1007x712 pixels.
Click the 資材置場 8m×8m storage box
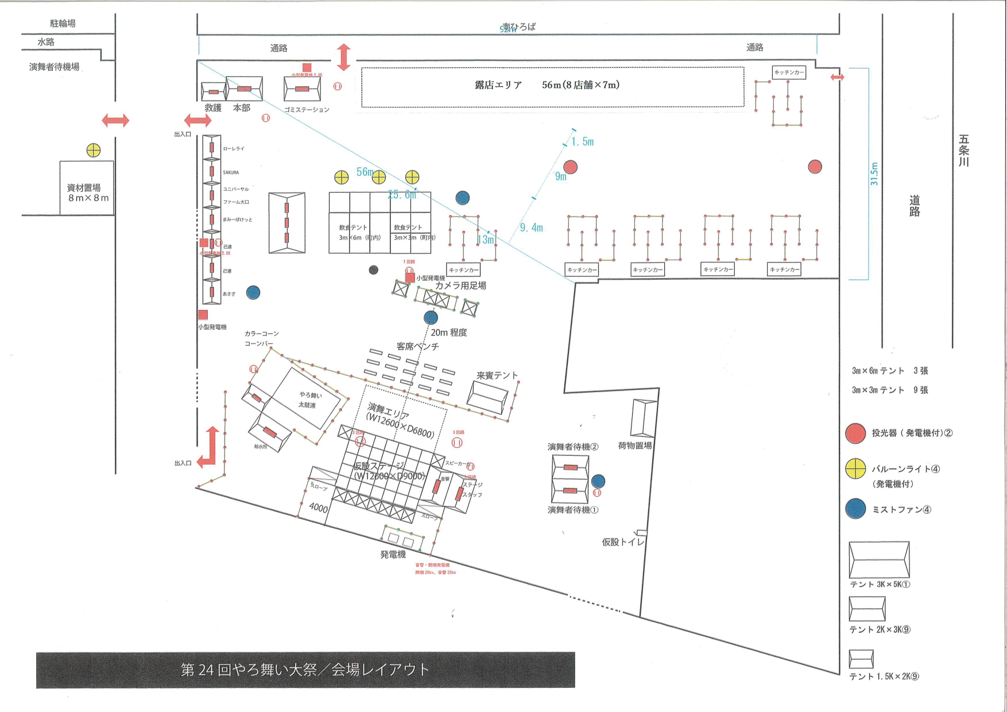click(87, 188)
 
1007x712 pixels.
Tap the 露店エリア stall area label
click(498, 85)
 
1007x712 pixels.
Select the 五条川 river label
click(964, 150)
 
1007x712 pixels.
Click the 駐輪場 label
click(63, 24)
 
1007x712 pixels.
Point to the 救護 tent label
click(213, 108)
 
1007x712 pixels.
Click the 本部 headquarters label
click(242, 108)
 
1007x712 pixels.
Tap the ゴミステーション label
click(307, 110)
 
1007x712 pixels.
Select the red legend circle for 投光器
click(855, 434)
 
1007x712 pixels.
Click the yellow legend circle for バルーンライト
click(855, 469)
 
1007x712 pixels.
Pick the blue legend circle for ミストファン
click(855, 509)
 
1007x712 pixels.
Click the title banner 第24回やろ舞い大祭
click(305, 670)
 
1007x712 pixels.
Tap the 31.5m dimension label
click(874, 173)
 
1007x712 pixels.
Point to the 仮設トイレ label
click(623, 542)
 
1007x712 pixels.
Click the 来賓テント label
click(497, 376)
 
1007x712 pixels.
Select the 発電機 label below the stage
click(393, 555)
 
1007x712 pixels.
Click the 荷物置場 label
click(634, 446)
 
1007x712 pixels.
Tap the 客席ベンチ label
click(417, 346)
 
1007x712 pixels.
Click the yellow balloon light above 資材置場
click(94, 150)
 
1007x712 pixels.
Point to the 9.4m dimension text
click(531, 228)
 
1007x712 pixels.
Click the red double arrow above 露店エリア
click(343, 57)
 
